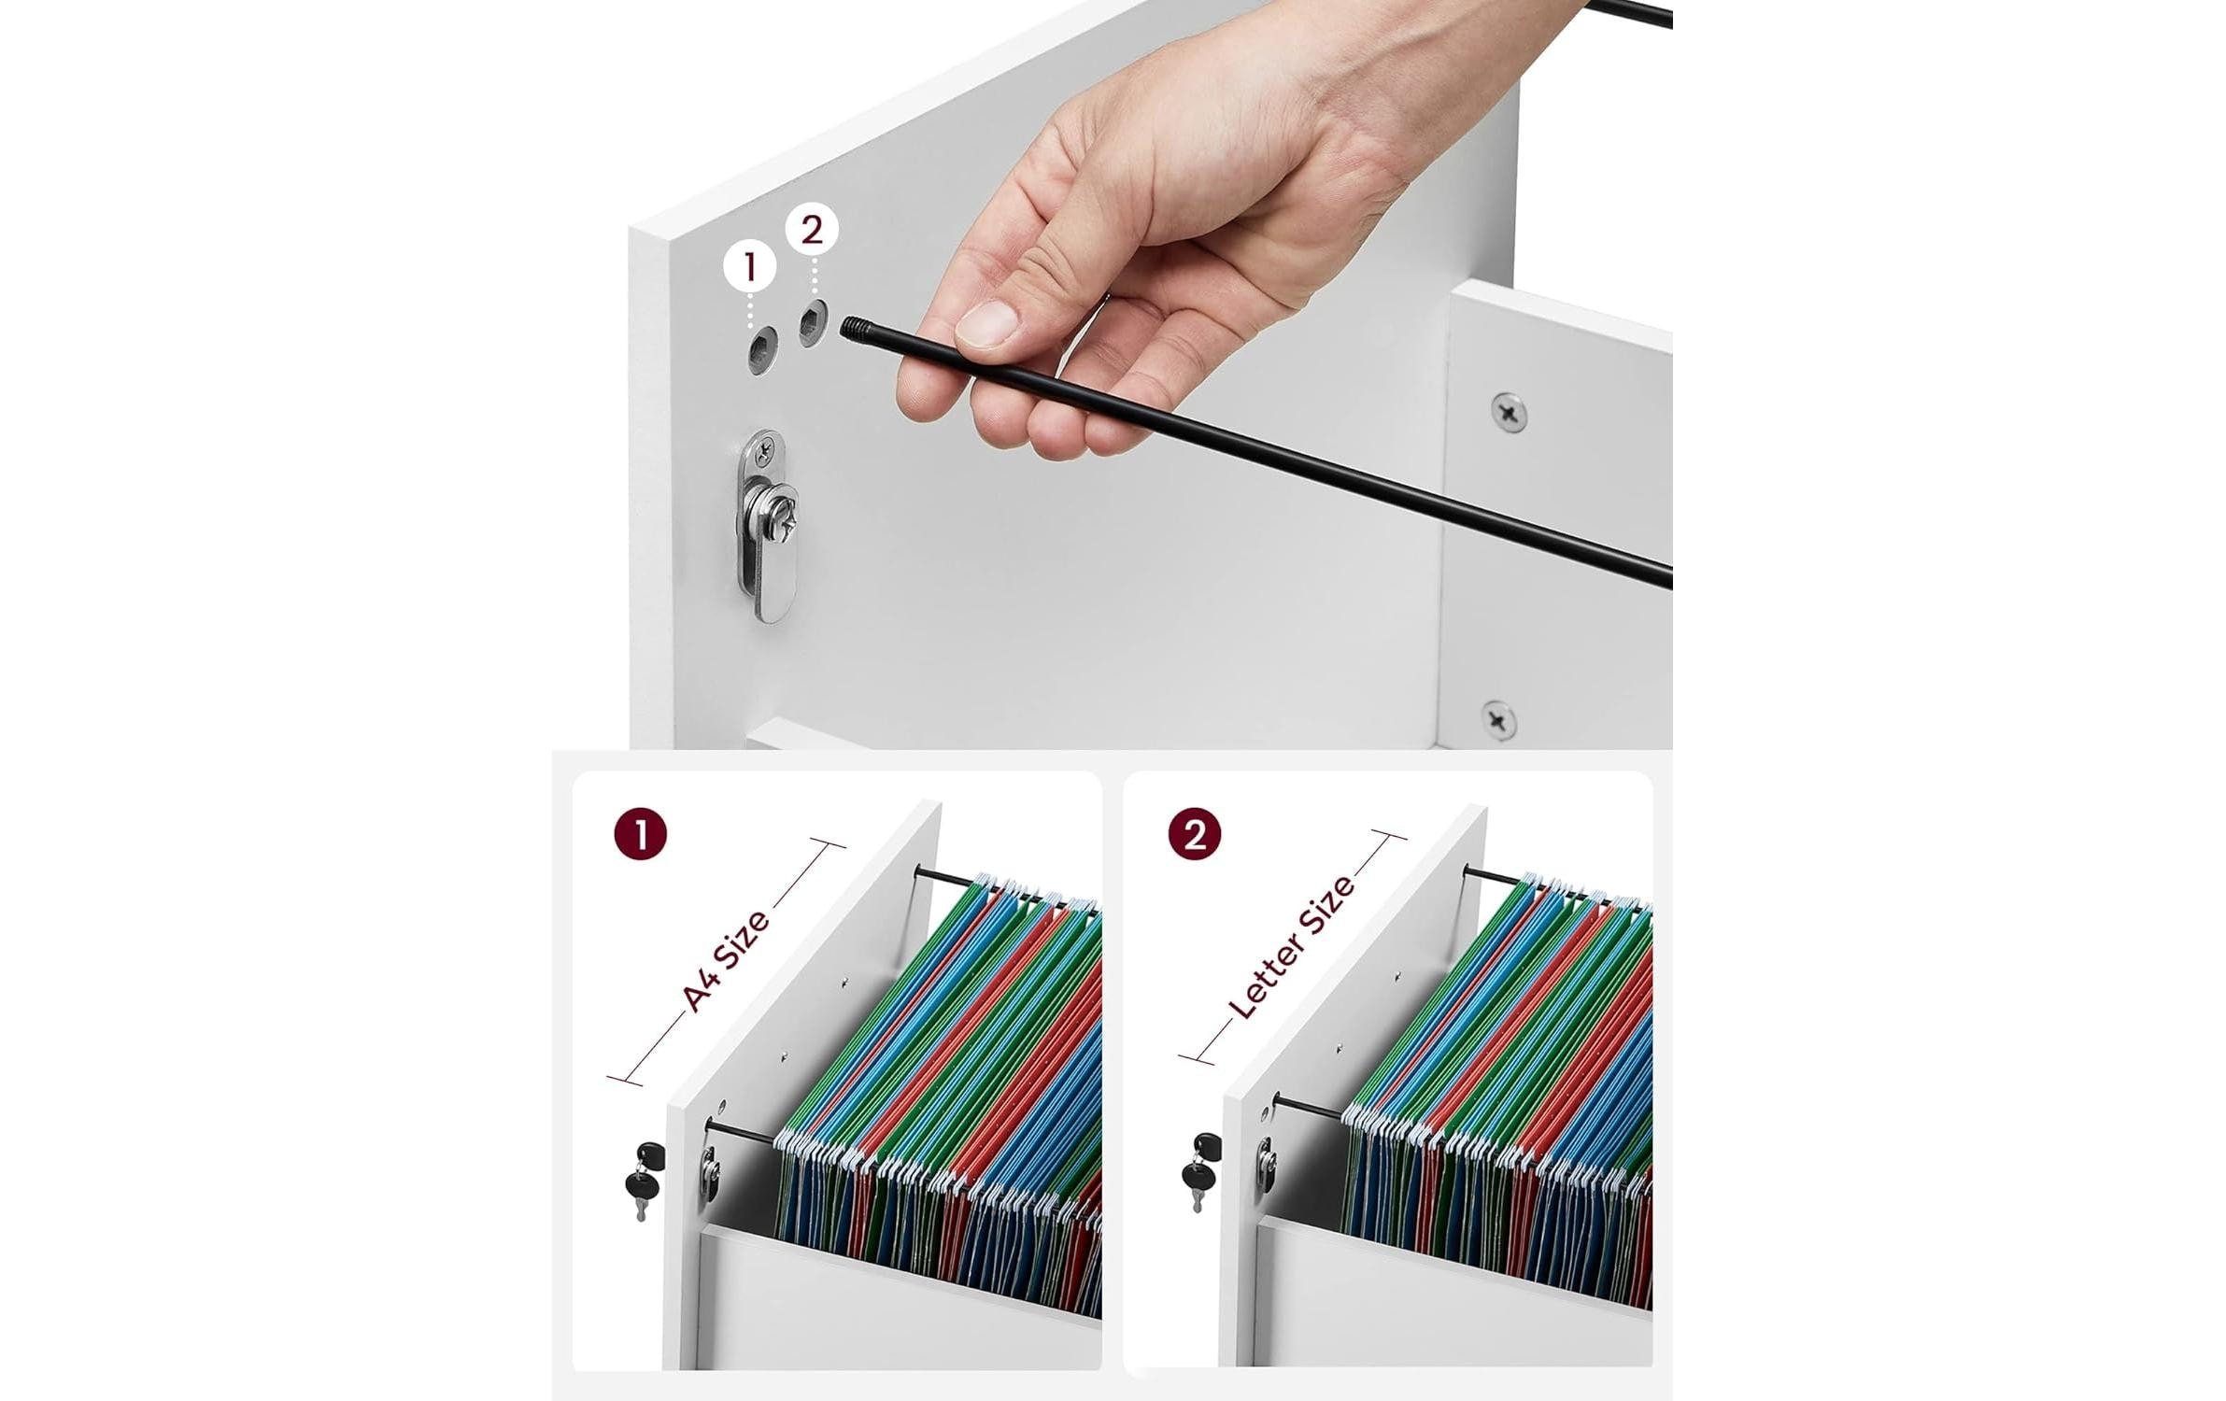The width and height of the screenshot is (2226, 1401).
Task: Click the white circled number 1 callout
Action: (750, 267)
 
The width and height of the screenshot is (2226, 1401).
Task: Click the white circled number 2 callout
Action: (811, 230)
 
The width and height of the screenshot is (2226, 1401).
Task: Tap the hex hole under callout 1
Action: (763, 351)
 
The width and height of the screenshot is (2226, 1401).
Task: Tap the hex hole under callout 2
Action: (813, 323)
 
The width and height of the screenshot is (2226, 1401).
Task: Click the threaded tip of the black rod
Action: (854, 328)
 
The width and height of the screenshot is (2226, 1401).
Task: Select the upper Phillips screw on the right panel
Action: (1509, 412)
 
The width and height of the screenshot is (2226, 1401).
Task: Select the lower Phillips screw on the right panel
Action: (1498, 719)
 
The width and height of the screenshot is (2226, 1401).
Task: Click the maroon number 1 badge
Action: (641, 834)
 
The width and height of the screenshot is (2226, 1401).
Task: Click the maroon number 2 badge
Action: (1195, 834)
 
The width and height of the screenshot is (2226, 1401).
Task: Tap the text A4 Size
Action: (727, 960)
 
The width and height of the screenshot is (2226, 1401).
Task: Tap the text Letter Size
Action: (1290, 947)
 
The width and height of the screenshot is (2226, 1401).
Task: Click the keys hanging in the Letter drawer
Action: (1199, 1171)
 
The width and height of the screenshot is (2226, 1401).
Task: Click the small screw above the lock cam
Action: (765, 454)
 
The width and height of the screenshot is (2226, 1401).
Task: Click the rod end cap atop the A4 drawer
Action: (919, 873)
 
